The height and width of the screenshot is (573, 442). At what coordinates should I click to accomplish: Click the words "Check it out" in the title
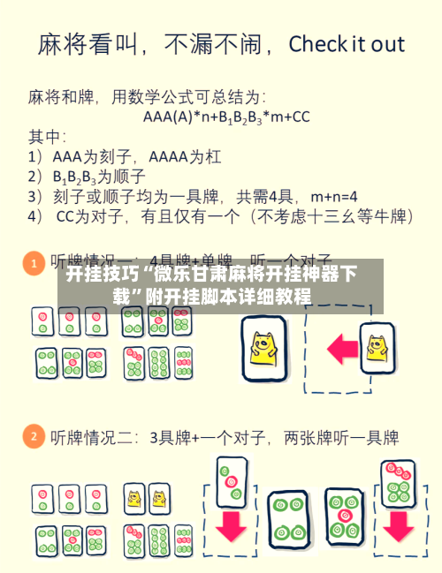(347, 44)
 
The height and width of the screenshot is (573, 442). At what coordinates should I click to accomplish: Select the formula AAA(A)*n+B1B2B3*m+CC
(226, 115)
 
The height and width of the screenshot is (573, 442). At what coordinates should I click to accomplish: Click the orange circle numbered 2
(33, 435)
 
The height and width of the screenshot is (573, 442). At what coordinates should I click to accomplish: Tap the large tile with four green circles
(287, 516)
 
